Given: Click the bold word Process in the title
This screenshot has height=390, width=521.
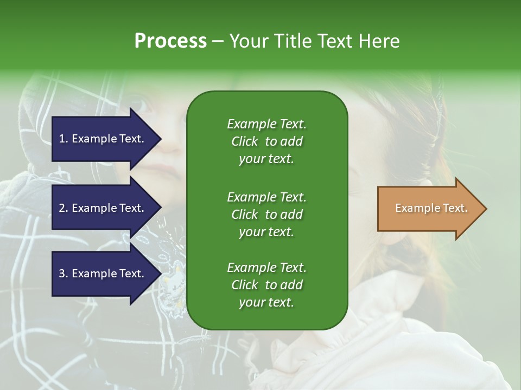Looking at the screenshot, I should (170, 41).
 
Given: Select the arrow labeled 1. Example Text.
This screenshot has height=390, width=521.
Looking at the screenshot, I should (102, 139).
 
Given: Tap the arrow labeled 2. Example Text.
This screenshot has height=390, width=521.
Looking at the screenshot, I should (102, 208).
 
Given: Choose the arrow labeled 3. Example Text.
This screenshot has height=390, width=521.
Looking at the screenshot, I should (102, 274).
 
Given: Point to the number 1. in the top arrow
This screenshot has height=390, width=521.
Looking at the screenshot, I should (63, 139).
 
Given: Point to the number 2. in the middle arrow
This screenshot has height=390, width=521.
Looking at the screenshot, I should (63, 208).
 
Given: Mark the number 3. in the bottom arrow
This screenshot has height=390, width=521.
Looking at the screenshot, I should (63, 274).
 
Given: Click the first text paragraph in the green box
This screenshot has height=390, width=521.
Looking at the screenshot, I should (266, 141).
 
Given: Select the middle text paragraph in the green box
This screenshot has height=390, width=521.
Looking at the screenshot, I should (266, 214).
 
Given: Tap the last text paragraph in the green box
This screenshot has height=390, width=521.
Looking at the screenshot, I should (266, 285).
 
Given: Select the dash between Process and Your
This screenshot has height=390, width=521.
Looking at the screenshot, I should (218, 41).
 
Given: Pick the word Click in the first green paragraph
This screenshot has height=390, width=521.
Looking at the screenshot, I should (245, 141).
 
